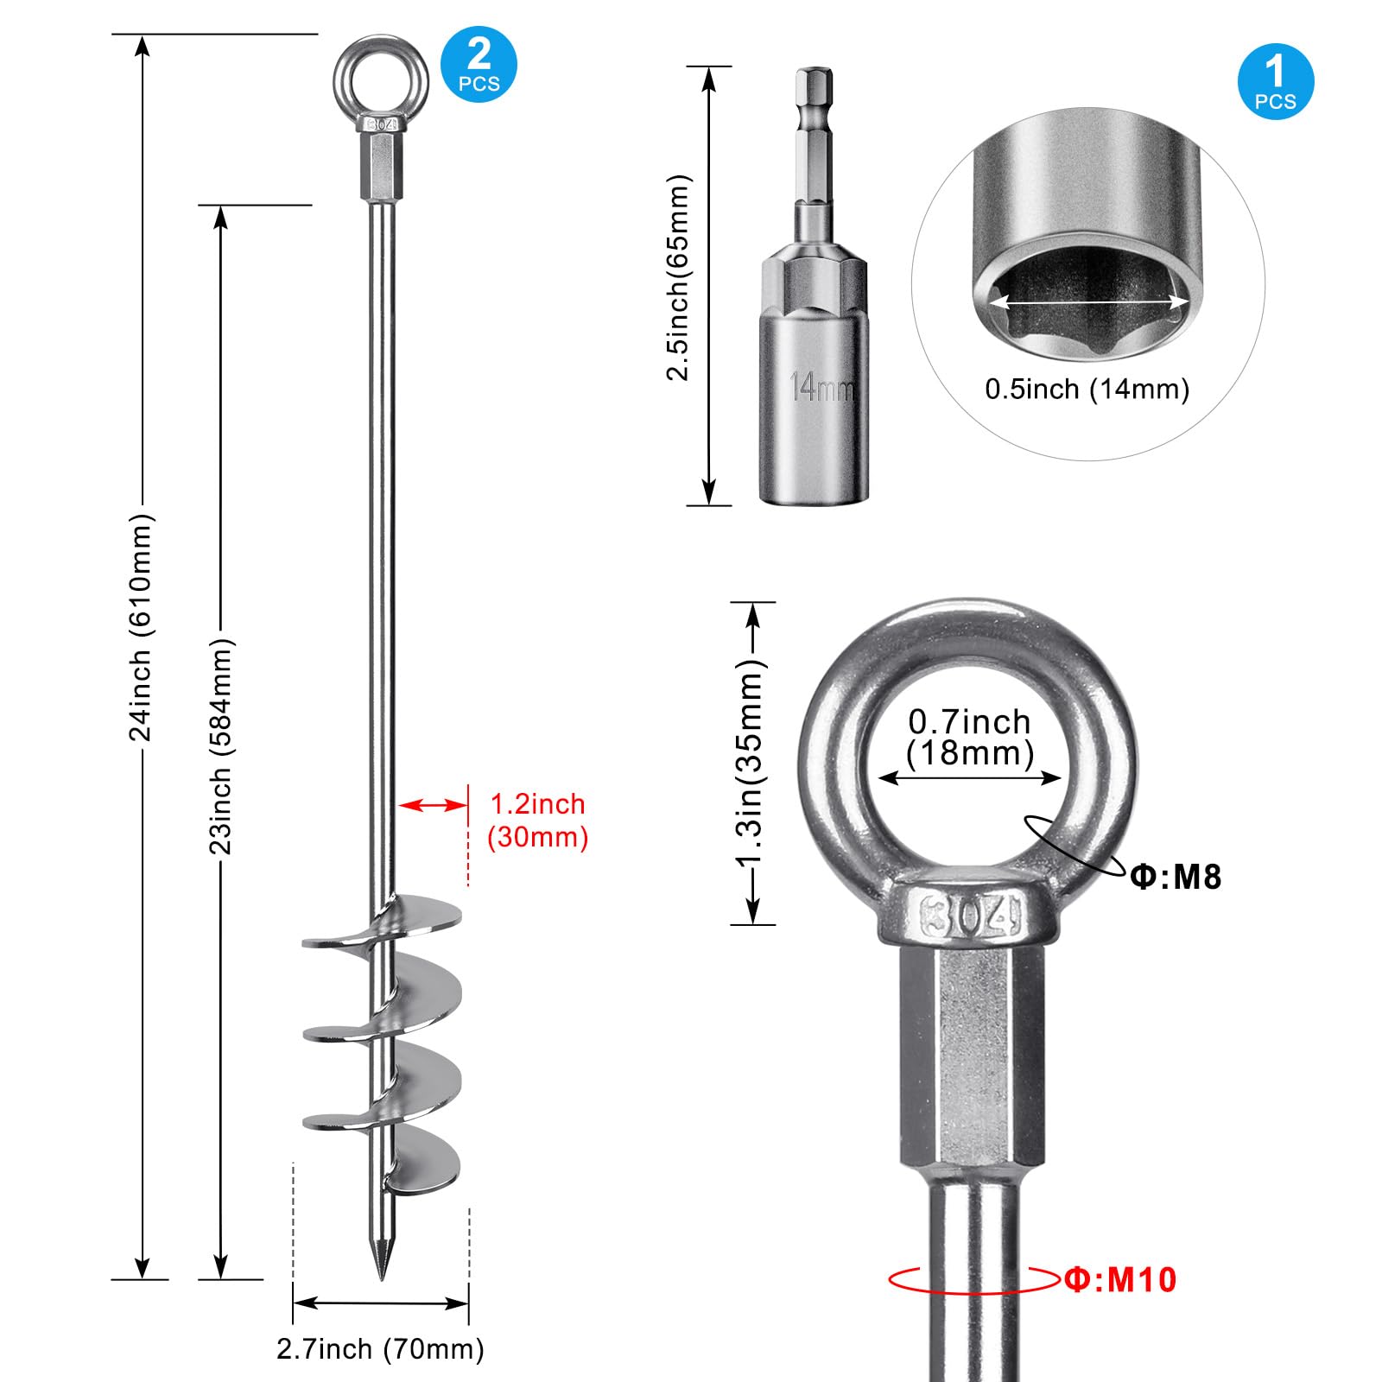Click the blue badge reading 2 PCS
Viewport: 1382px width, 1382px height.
pos(479,65)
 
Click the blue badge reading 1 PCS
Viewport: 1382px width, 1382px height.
pos(1276,82)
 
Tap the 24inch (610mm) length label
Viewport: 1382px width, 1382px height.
pos(141,627)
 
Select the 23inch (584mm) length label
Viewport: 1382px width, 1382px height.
pos(221,746)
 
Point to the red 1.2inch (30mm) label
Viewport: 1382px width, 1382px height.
pos(537,821)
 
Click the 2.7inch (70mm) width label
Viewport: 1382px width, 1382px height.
pos(380,1348)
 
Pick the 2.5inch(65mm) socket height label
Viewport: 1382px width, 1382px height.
pos(679,277)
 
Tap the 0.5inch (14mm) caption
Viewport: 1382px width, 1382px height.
pos(1087,389)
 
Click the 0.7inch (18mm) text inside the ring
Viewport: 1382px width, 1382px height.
pos(970,738)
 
